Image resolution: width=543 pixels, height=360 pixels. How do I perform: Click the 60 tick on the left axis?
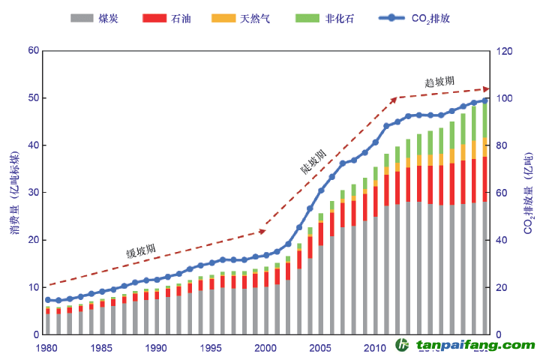(x=32, y=50)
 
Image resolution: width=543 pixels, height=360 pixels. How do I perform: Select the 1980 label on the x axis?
(x=47, y=348)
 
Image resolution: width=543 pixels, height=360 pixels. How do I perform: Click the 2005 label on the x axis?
(x=321, y=348)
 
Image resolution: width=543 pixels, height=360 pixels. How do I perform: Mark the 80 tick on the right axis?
(x=502, y=145)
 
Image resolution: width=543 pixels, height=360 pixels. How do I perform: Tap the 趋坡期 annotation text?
(x=439, y=81)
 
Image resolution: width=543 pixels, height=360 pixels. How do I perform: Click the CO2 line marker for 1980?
(x=47, y=300)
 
